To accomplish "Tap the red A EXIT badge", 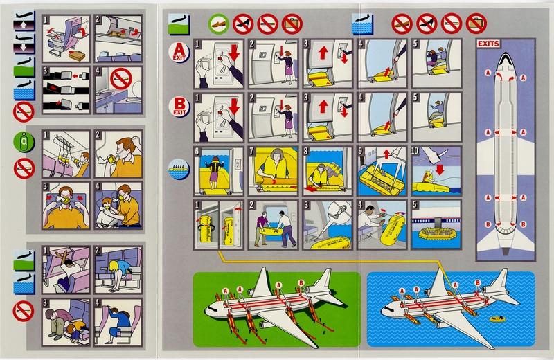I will [x=180, y=51].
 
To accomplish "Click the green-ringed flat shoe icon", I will [x=218, y=25].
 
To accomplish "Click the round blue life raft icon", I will [x=179, y=166].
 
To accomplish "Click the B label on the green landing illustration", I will [x=301, y=282].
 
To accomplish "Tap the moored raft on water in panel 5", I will [x=436, y=232].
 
